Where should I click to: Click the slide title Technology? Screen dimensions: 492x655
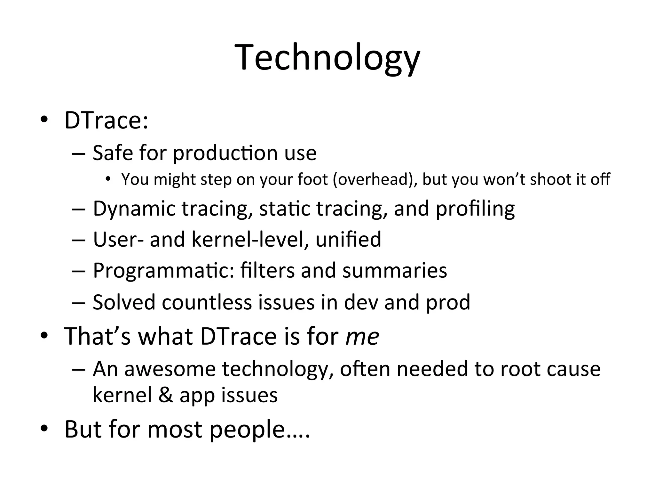(x=327, y=58)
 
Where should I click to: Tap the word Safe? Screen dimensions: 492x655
(x=113, y=153)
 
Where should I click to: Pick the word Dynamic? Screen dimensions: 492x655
(x=134, y=209)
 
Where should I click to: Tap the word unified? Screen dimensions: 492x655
(x=348, y=239)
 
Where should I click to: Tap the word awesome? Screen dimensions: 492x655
(x=170, y=369)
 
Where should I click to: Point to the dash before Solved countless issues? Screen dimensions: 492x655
(x=79, y=302)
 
